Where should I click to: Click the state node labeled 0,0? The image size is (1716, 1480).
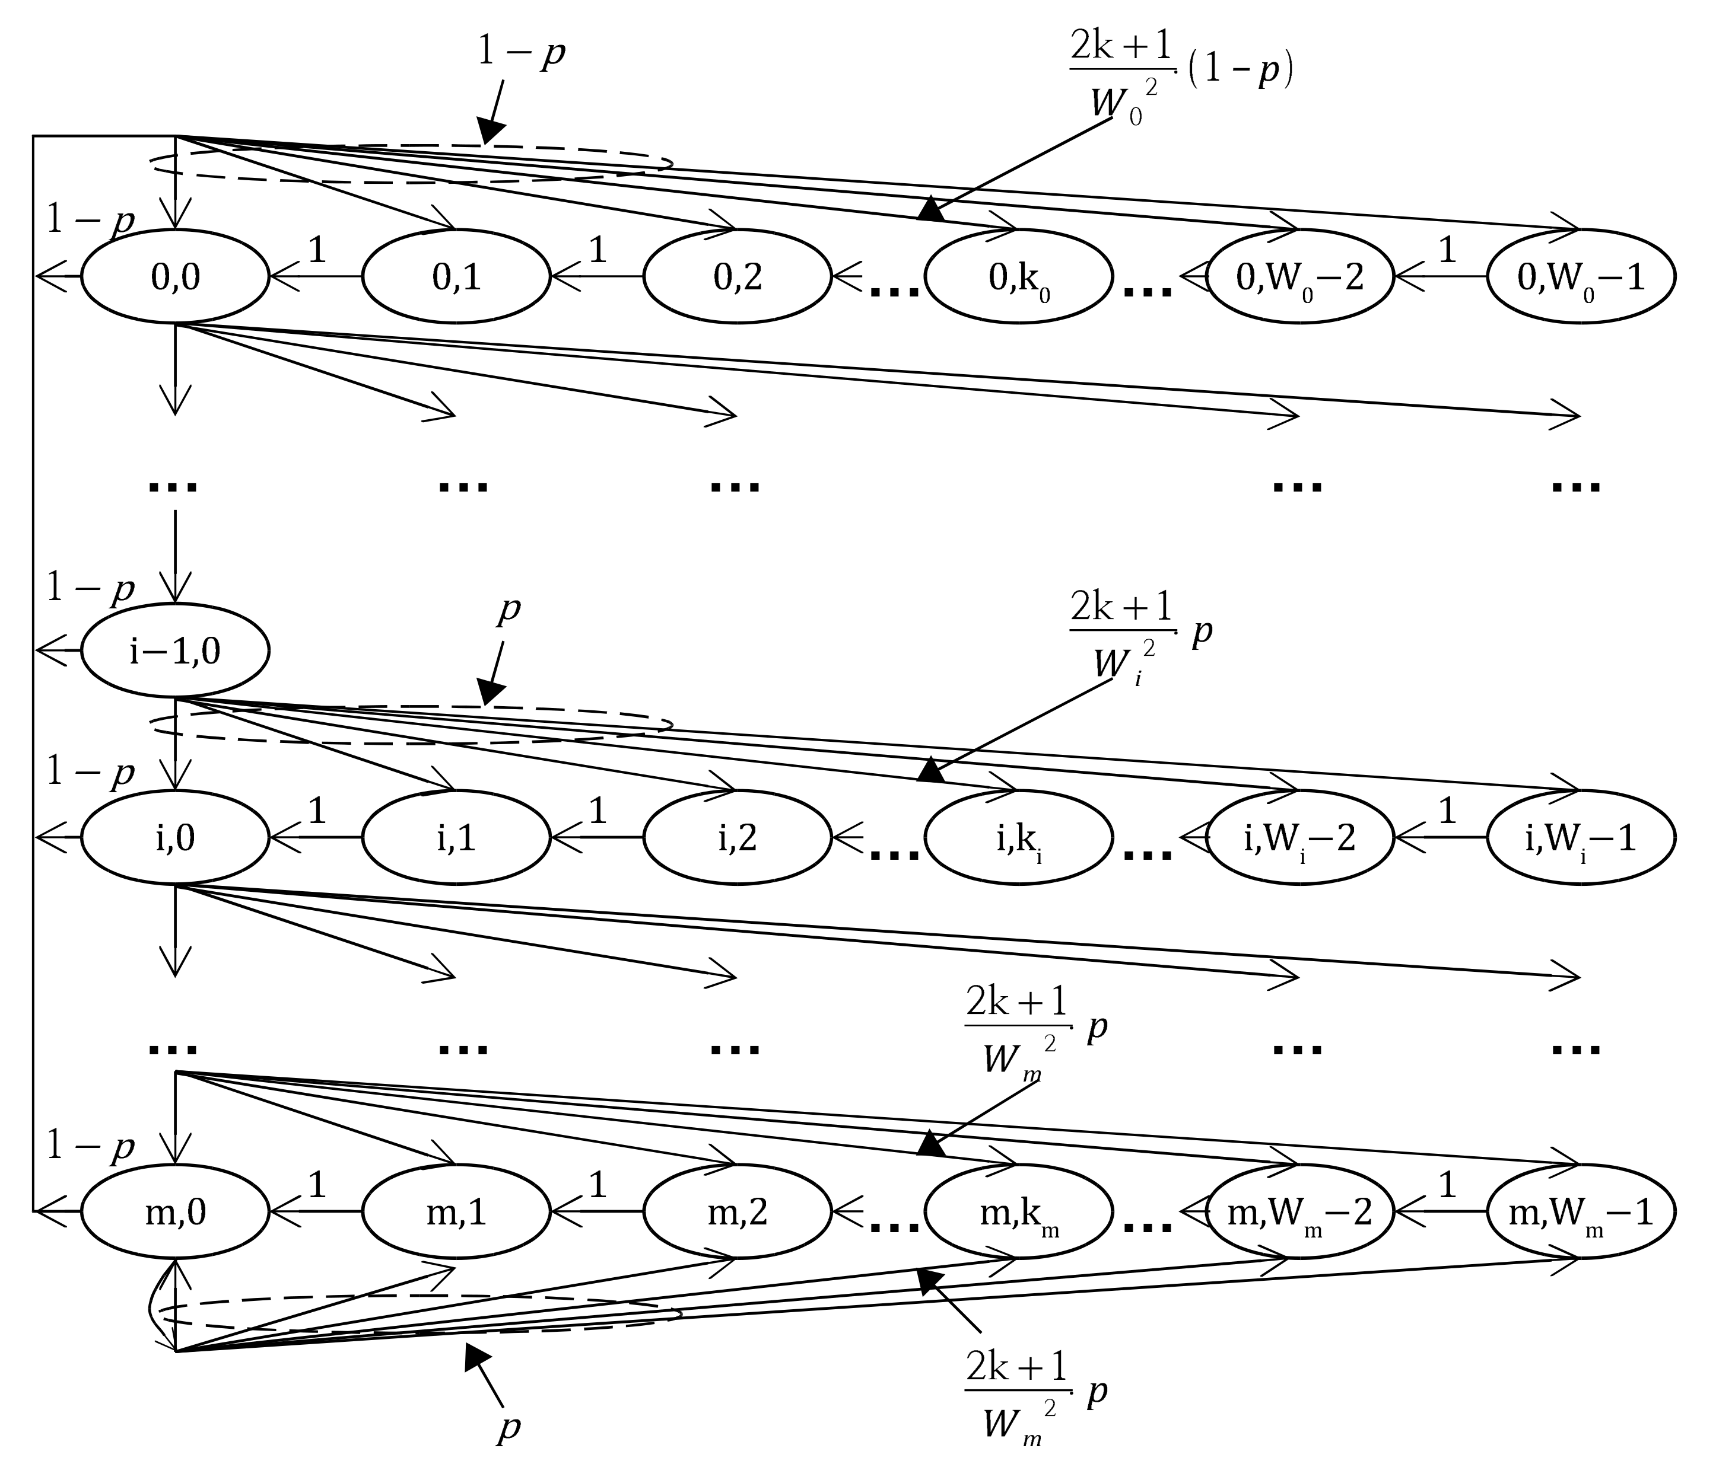176,276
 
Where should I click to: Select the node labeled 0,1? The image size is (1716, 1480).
456,276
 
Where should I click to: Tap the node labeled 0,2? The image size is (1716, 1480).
738,276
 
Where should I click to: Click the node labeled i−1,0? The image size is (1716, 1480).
176,650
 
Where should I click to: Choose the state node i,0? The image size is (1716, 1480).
176,838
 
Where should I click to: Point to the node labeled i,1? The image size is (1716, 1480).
456,838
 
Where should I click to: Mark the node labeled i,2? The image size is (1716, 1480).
738,838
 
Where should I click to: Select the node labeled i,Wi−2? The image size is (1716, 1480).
1299,838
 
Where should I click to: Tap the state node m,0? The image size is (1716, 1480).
176,1212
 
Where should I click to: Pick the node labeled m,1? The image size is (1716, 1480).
456,1212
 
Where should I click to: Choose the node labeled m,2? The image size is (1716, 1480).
738,1212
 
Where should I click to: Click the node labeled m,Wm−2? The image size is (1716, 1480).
1299,1212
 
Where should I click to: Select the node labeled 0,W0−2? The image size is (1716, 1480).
1299,276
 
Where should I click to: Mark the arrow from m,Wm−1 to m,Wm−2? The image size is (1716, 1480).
1441,1212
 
